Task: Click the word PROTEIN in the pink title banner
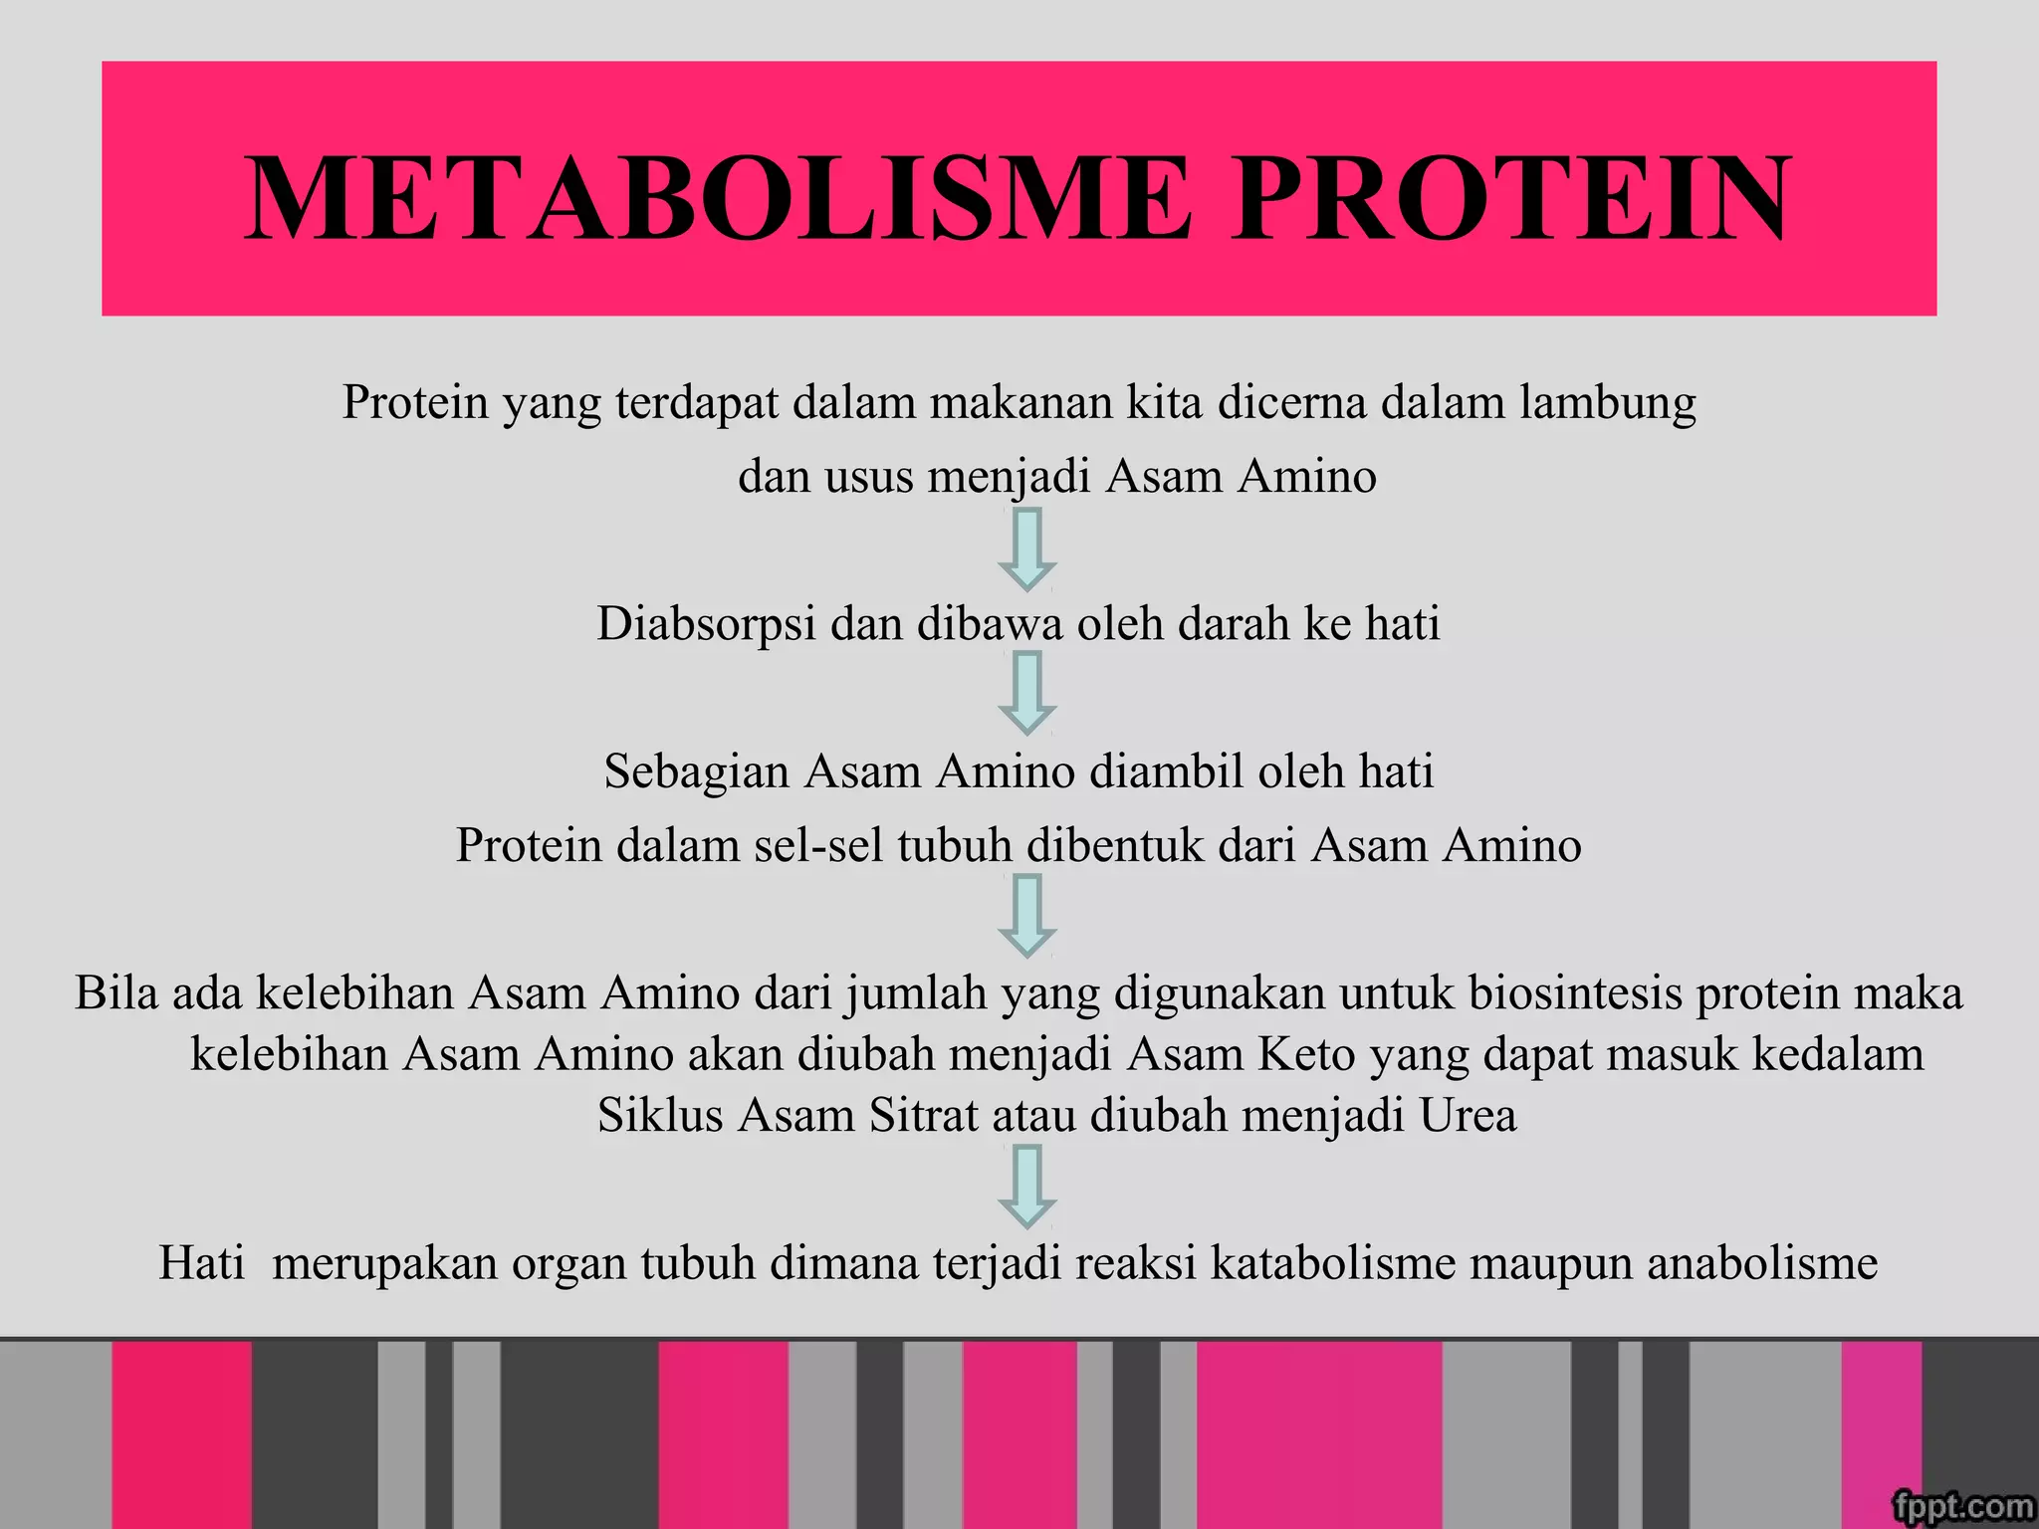click(x=1510, y=199)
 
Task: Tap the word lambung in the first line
click(x=1608, y=403)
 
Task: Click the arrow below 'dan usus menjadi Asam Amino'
click(x=1026, y=548)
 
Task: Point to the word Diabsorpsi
click(x=706, y=624)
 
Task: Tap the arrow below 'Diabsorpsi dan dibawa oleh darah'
click(x=1026, y=693)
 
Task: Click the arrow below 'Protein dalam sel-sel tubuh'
click(x=1026, y=915)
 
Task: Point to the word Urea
click(x=1468, y=1116)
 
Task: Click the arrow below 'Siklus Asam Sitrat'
click(x=1026, y=1186)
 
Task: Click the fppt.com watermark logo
click(x=1961, y=1506)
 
